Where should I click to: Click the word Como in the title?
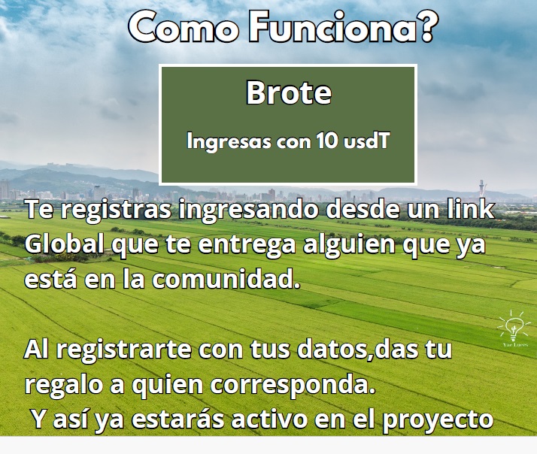(x=184, y=27)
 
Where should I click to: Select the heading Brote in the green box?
(x=289, y=92)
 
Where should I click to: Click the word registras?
(x=116, y=210)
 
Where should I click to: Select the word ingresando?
(x=249, y=210)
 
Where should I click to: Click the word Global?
(x=64, y=244)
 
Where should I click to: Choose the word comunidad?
(x=226, y=279)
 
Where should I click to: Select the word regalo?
(x=64, y=385)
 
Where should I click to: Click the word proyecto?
(x=438, y=420)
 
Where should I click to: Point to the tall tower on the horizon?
(x=481, y=189)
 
